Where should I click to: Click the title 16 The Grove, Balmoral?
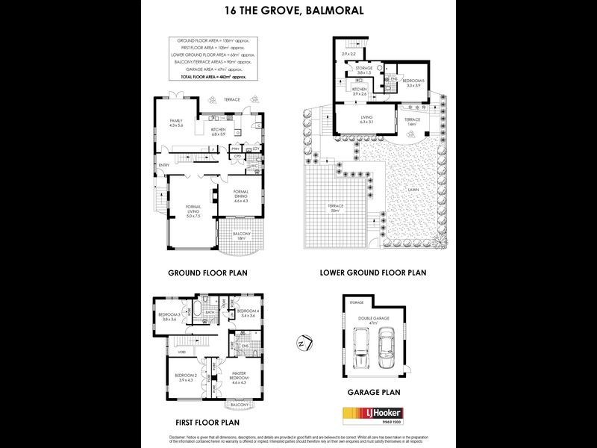[298, 12]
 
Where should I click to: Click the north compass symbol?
[301, 343]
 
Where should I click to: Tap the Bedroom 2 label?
[185, 378]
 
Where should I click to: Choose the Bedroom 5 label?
[413, 84]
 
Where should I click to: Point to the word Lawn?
[413, 190]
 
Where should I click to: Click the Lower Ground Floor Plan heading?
[372, 273]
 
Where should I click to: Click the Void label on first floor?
[161, 352]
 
